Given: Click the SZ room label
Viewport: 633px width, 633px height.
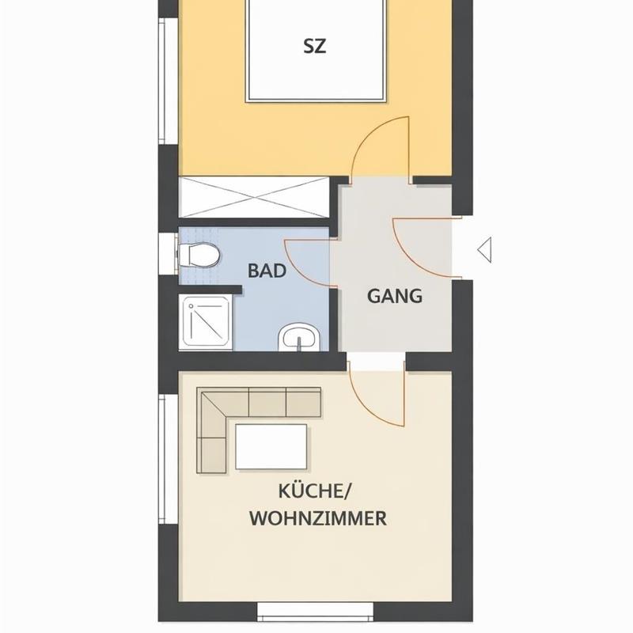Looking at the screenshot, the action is tap(314, 46).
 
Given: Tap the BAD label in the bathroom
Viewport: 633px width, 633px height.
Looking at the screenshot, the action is tap(267, 271).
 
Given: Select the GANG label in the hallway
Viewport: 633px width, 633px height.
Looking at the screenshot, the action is tap(394, 296).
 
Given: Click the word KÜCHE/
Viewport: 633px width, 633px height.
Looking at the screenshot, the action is tap(315, 491).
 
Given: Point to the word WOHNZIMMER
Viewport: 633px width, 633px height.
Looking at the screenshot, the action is tap(318, 518).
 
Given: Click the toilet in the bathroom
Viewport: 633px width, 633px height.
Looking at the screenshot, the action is tap(199, 255).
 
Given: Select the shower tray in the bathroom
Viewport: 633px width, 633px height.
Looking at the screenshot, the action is tap(206, 322).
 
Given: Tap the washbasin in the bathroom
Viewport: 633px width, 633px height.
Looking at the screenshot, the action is tap(299, 337).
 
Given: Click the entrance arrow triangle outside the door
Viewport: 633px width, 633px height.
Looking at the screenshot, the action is tap(484, 250).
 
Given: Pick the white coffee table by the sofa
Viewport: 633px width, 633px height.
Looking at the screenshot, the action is tap(271, 446).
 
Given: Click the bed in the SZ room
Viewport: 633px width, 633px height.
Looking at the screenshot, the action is tap(315, 51).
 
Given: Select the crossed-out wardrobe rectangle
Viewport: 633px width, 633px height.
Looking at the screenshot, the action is tap(254, 197).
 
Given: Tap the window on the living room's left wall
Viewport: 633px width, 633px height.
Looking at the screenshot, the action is tap(168, 459).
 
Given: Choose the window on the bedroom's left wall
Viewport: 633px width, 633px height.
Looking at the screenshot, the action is tap(168, 81).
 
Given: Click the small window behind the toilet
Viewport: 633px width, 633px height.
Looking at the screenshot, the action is tap(168, 253).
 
